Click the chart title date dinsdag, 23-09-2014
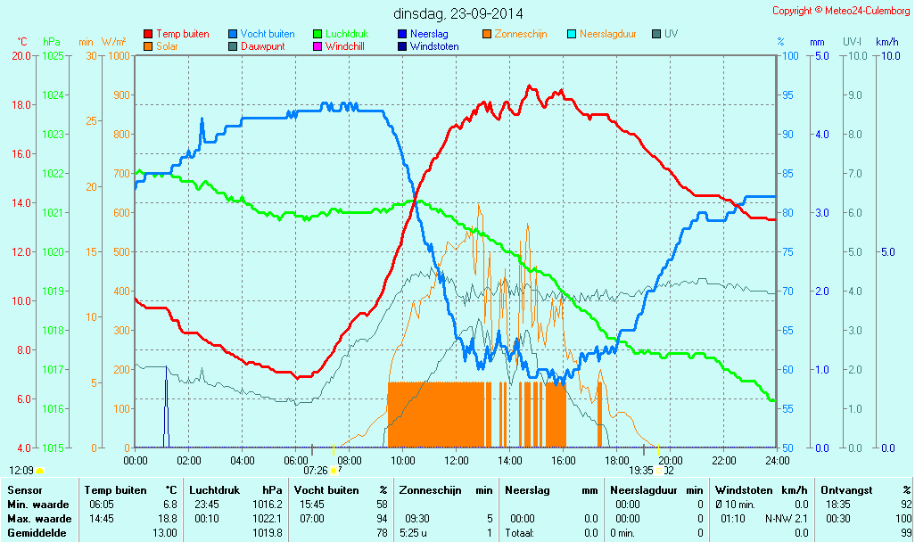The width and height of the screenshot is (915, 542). (458, 13)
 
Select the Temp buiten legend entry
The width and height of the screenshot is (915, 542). (182, 34)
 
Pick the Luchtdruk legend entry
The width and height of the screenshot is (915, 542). (353, 34)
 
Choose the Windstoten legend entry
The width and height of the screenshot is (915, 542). (434, 46)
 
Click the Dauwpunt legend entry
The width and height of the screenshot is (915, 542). (262, 46)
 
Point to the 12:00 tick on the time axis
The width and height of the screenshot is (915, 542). (457, 460)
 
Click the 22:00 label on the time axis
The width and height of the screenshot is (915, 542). (724, 460)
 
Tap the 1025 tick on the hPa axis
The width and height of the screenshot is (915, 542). (54, 55)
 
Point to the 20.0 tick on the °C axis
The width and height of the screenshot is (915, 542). (21, 55)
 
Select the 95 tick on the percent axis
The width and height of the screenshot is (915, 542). (787, 95)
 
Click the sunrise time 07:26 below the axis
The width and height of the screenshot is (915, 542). (316, 470)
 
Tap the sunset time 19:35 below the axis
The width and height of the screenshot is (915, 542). (640, 470)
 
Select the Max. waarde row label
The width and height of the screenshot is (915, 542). (39, 519)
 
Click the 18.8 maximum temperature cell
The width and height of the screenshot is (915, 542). (169, 519)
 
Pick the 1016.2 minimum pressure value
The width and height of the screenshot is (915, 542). (268, 505)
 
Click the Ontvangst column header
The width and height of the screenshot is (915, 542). (841, 490)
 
